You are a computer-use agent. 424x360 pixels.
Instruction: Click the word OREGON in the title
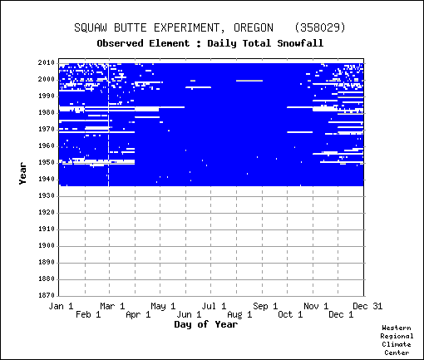point(254,27)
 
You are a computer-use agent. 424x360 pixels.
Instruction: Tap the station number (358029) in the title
point(320,27)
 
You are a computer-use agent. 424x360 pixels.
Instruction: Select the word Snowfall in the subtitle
point(300,43)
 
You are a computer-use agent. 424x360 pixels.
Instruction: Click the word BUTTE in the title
point(131,27)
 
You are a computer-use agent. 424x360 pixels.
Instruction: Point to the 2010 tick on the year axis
point(47,63)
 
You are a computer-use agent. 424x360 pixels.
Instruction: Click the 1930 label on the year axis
point(47,196)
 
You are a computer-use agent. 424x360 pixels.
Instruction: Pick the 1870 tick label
point(47,295)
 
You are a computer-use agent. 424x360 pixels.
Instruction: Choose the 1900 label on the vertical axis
point(47,246)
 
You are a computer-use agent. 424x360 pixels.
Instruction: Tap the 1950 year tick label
point(47,163)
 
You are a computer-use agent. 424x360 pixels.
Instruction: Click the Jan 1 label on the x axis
point(61,306)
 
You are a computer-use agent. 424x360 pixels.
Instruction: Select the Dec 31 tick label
point(367,306)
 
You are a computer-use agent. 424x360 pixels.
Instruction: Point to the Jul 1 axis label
point(214,306)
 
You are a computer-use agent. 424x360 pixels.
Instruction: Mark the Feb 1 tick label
point(88,314)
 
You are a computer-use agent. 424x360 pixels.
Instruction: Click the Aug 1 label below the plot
point(239,314)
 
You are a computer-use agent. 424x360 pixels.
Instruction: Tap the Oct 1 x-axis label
point(290,314)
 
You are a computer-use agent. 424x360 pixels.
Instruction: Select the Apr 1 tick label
point(138,314)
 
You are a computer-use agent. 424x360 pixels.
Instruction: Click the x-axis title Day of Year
point(206,324)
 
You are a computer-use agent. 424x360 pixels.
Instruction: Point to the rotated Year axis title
point(22,174)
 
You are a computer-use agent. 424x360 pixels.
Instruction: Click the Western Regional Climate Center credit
point(397,340)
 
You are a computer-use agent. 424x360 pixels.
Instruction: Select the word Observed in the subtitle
point(120,43)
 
